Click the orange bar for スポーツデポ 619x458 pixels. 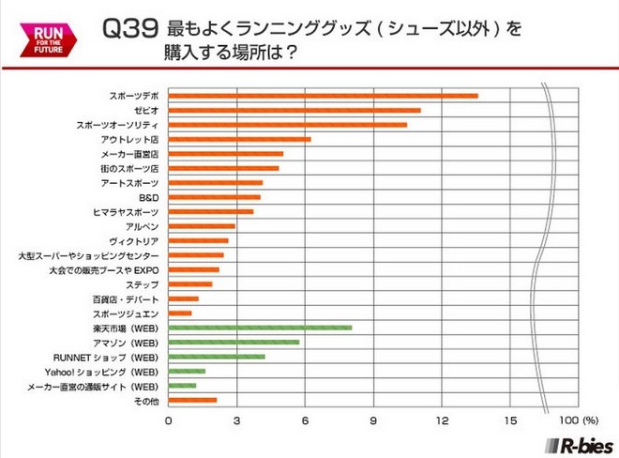coord(323,96)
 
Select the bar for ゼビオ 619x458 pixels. coord(294,111)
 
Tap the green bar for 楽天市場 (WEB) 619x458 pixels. coord(260,328)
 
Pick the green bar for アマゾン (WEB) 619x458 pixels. coord(234,343)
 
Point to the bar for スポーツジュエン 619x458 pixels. coord(180,313)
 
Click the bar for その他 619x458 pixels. coord(192,400)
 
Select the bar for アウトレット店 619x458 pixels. coord(239,139)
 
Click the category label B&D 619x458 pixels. coord(149,197)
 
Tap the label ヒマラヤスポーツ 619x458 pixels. coord(129,212)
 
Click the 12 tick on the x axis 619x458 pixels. coord(442,419)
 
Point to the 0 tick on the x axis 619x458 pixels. coord(169,419)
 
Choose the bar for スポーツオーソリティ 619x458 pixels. coord(288,125)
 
